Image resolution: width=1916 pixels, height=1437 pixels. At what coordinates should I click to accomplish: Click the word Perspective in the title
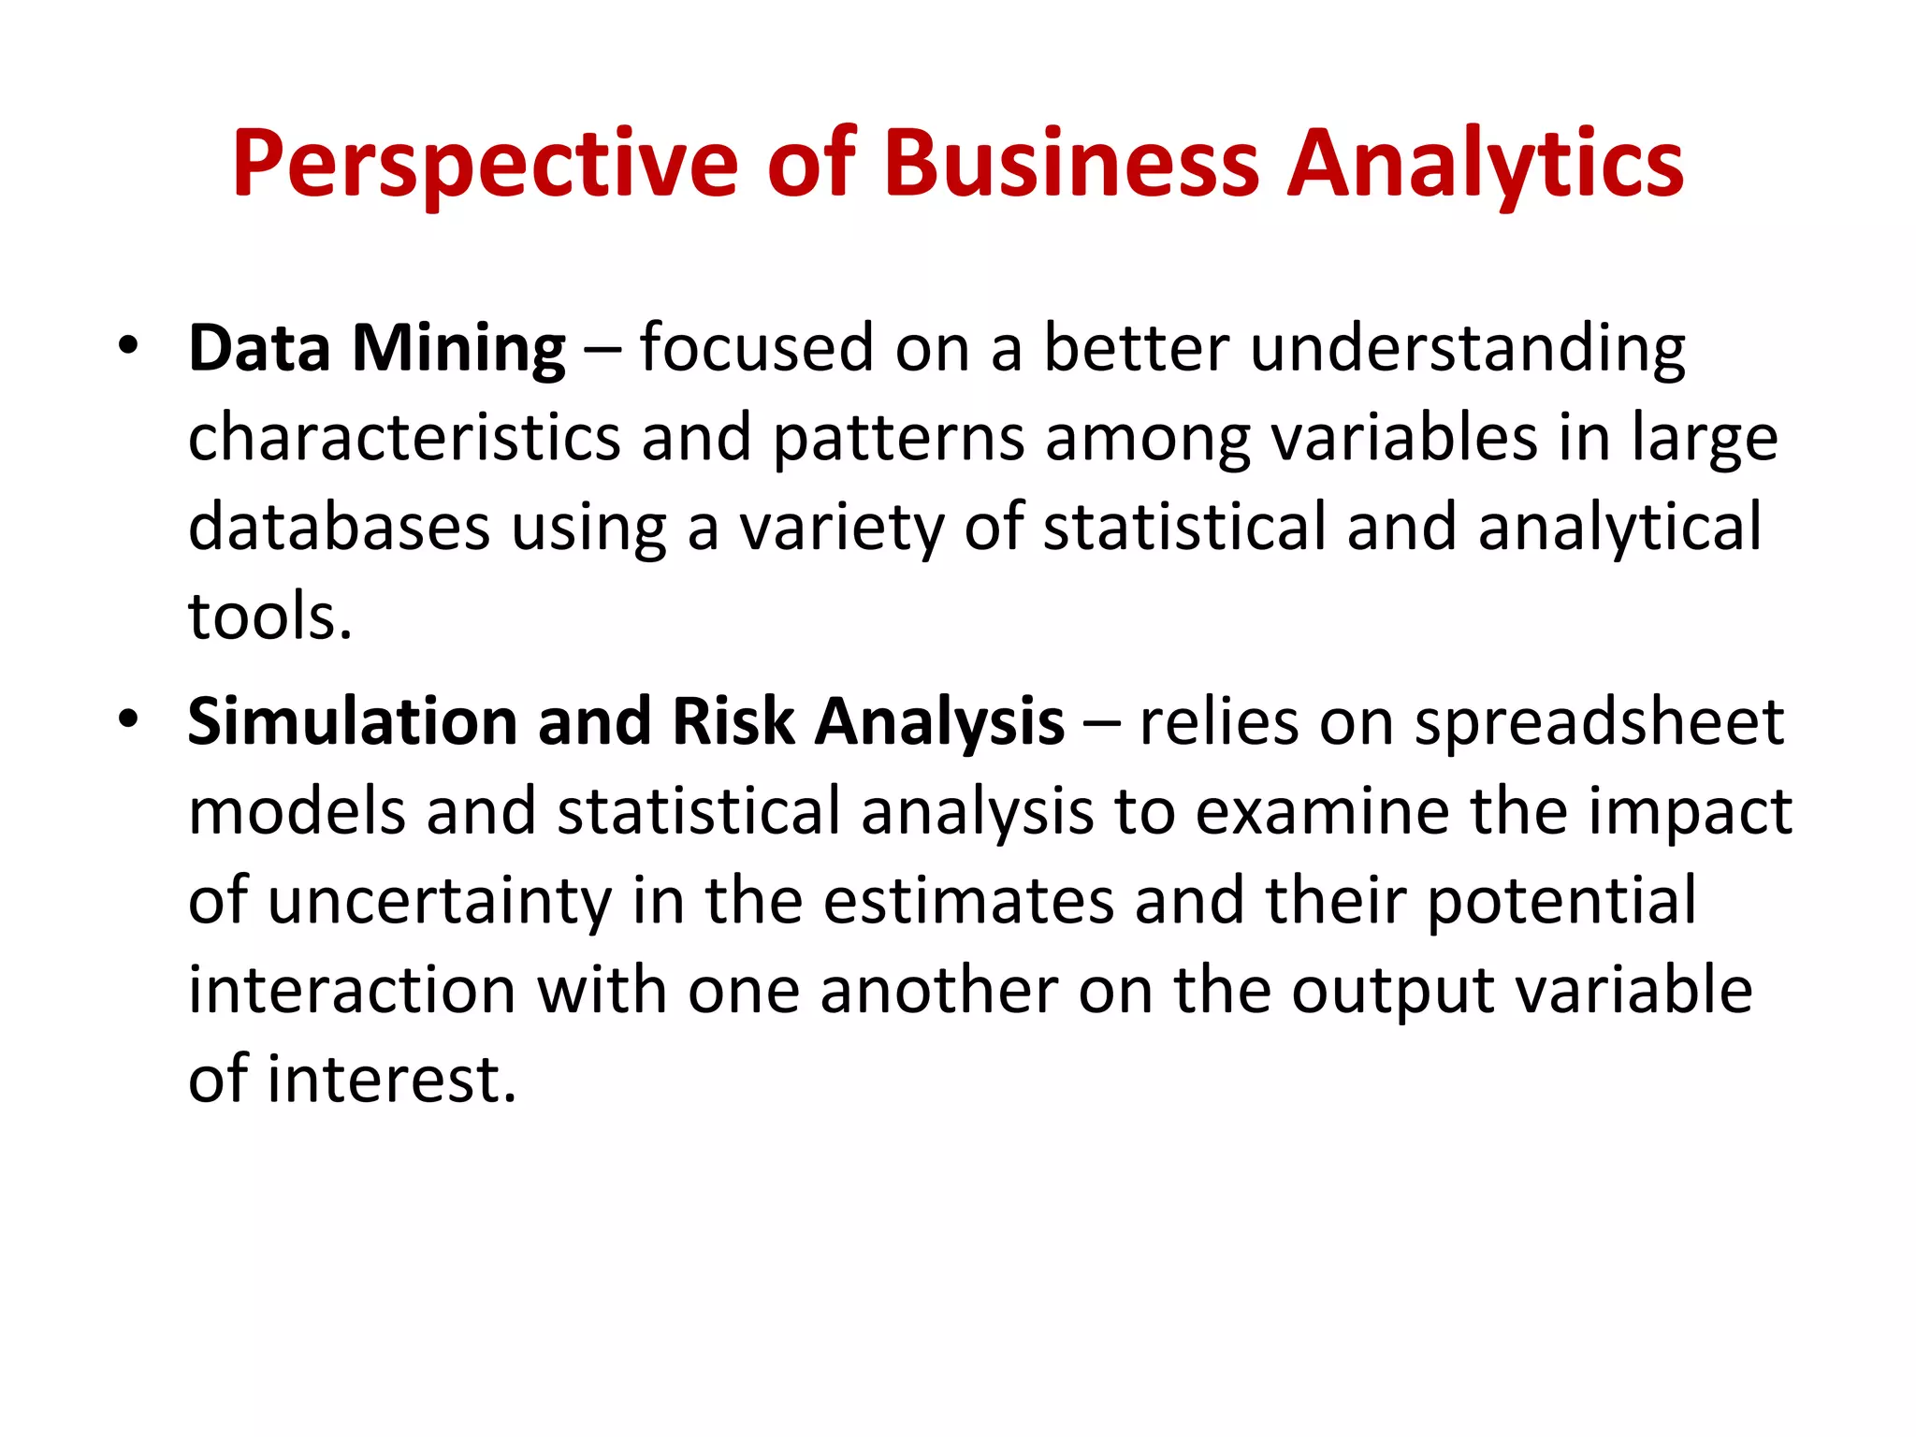coord(486,164)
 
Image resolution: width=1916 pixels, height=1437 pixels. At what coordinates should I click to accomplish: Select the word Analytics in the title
coord(1486,164)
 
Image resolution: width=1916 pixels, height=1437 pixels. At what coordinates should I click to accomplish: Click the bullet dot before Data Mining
coord(128,346)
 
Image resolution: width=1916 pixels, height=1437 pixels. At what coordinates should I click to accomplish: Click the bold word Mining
coord(458,349)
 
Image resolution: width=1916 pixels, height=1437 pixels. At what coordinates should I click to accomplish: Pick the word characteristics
coord(404,437)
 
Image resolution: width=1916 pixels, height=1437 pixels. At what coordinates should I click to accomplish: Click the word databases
coord(339,527)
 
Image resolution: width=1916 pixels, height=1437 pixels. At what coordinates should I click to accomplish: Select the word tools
coord(270,617)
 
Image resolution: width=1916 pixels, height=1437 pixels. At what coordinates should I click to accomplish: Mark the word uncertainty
coord(440,901)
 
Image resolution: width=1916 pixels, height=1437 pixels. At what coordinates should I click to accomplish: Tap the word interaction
coord(352,991)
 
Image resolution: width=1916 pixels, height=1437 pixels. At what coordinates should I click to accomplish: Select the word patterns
coord(898,439)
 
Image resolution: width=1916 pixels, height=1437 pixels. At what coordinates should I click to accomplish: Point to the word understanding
coord(1467,349)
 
